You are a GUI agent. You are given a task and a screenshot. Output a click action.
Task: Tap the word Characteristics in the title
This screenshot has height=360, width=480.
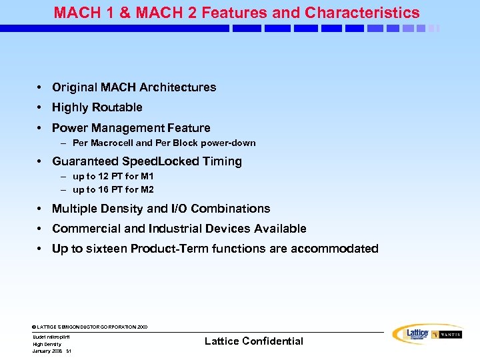[362, 13]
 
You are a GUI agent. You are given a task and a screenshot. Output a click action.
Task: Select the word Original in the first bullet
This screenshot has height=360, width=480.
[74, 87]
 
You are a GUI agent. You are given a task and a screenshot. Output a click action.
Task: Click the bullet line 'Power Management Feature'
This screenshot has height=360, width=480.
[131, 128]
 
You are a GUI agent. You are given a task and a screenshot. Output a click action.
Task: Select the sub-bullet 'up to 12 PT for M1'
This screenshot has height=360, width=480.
[113, 177]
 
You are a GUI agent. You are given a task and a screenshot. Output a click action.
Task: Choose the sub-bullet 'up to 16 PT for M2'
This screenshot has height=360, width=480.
[113, 189]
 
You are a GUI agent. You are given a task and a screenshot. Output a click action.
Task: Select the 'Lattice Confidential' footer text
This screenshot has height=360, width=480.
[253, 341]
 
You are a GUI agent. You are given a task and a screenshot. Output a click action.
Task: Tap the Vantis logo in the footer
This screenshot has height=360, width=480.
[447, 335]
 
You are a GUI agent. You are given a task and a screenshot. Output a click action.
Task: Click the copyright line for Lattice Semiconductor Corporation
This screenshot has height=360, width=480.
[90, 327]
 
